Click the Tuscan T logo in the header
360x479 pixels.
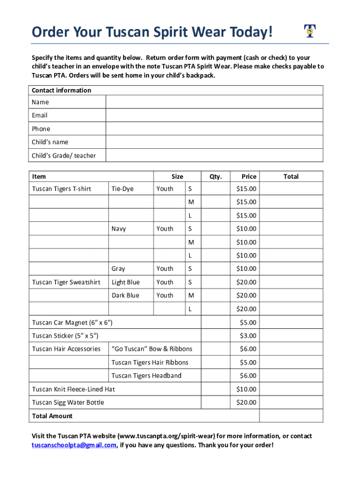309,31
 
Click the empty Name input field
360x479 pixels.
214,102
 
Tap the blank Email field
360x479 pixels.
214,116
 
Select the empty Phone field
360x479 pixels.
214,129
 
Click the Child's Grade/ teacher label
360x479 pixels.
64,155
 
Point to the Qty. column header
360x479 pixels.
216,176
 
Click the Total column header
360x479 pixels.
291,176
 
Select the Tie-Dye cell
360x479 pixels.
122,189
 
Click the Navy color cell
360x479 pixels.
119,229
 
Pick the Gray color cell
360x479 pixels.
118,269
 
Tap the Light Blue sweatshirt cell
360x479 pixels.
125,282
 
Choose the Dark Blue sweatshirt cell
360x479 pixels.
125,296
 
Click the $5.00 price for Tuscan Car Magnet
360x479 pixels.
248,322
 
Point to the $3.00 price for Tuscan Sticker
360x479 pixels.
248,335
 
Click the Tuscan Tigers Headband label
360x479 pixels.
146,376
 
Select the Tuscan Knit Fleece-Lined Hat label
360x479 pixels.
73,389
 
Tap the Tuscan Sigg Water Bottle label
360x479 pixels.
68,402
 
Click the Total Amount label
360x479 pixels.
52,416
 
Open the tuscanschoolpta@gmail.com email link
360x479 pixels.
74,445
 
